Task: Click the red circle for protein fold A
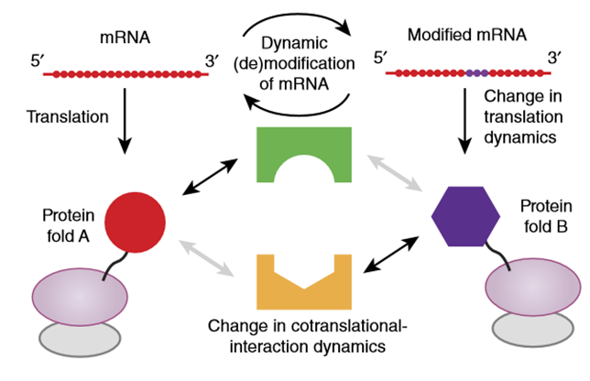click(x=135, y=223)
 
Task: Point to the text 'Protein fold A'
click(x=68, y=226)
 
